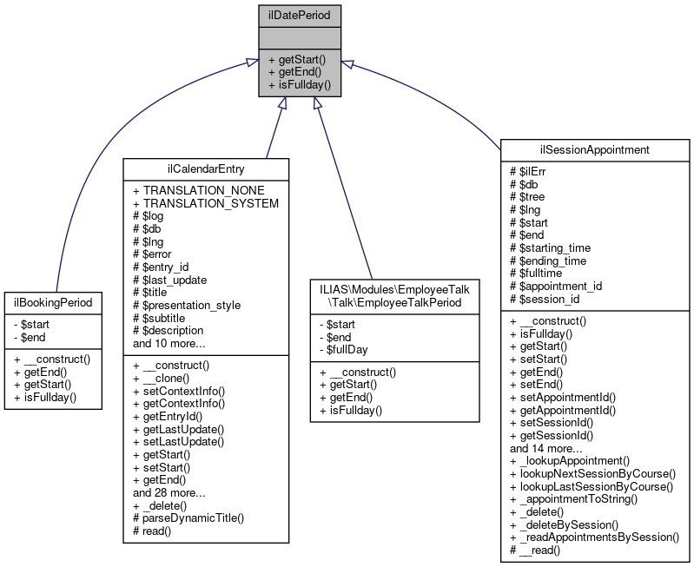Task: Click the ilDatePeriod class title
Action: coord(300,14)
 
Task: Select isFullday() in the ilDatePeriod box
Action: coord(300,85)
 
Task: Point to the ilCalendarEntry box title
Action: coord(206,168)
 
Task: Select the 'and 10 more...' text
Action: coord(169,343)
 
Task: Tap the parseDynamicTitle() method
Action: coord(194,518)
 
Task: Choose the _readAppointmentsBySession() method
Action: coord(599,537)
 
